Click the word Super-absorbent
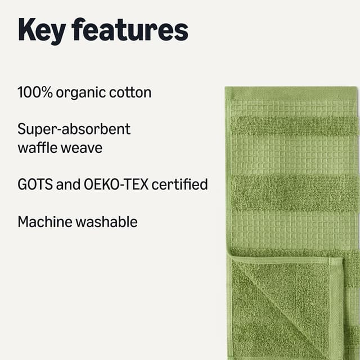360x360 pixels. coord(74,129)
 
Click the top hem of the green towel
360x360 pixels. coord(291,93)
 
